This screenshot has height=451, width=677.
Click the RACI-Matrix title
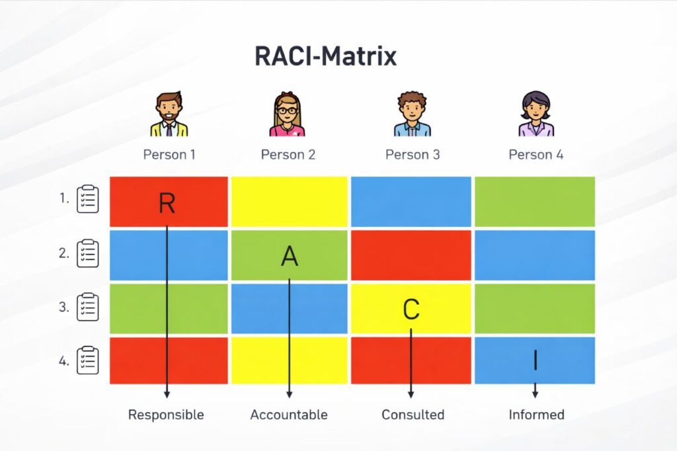click(x=325, y=57)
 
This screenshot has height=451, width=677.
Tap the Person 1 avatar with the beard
click(x=169, y=114)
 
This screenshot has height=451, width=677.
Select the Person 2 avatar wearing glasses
click(x=288, y=114)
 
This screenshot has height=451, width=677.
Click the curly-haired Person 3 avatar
click(x=413, y=114)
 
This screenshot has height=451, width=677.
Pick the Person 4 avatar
click(x=536, y=114)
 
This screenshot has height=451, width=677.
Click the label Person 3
click(x=413, y=155)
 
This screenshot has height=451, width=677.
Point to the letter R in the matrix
click(x=167, y=203)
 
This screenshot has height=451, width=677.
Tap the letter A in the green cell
click(x=290, y=255)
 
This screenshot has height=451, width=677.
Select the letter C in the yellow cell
click(x=411, y=309)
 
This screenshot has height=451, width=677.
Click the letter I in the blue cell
click(x=536, y=360)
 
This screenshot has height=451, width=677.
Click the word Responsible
click(x=166, y=415)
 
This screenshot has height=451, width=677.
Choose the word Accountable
click(x=289, y=415)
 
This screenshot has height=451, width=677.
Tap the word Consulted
click(x=413, y=415)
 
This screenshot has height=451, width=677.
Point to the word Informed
click(x=536, y=415)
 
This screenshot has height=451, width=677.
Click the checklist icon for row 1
click(x=88, y=199)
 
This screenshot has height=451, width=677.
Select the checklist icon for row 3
click(x=88, y=307)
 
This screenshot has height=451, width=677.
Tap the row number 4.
click(x=64, y=361)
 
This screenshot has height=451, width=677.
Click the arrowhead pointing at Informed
click(x=536, y=394)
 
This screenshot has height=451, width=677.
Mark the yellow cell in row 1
click(x=289, y=201)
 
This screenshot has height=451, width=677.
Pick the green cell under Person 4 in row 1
click(x=535, y=201)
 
